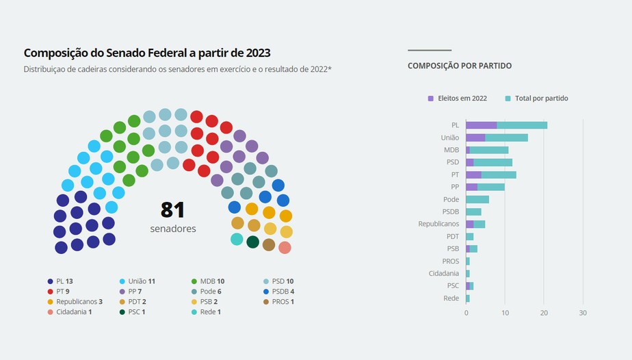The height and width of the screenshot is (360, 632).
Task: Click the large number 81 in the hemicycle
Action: click(x=172, y=210)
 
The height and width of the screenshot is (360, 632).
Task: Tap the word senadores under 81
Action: click(x=172, y=229)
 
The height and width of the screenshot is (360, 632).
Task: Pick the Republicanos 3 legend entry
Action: click(x=75, y=302)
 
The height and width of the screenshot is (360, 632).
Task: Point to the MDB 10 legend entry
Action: click(x=208, y=281)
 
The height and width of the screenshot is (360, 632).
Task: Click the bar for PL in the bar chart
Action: click(x=506, y=125)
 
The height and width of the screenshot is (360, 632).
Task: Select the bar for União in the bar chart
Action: click(x=497, y=138)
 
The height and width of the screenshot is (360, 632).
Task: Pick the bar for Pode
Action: click(x=477, y=199)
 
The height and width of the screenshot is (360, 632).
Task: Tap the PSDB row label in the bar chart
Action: click(x=451, y=211)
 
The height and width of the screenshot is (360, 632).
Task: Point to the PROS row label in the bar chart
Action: click(x=451, y=261)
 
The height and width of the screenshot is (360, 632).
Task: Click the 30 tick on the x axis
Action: click(x=583, y=313)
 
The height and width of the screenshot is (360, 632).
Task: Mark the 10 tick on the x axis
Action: click(x=505, y=313)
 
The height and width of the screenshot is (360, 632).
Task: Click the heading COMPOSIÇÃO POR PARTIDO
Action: click(x=460, y=66)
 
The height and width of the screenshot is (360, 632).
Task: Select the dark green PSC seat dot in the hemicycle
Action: click(x=252, y=242)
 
